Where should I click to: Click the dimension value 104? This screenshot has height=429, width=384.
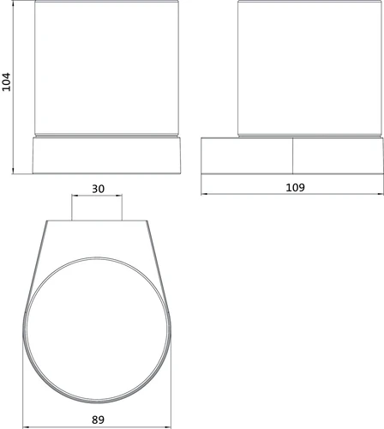(6, 82)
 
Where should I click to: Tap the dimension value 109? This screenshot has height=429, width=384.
(295, 187)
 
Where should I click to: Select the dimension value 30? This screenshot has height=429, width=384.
(98, 189)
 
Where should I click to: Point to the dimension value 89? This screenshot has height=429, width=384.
(98, 420)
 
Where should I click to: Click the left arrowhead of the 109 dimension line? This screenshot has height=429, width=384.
(203, 194)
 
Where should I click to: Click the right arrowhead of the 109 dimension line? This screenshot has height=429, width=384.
(381, 194)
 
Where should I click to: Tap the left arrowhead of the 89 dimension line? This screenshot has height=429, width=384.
(25, 427)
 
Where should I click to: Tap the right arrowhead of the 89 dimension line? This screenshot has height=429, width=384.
(169, 427)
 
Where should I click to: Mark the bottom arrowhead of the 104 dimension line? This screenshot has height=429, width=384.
(13, 172)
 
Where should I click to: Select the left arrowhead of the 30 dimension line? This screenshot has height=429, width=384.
(74, 196)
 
